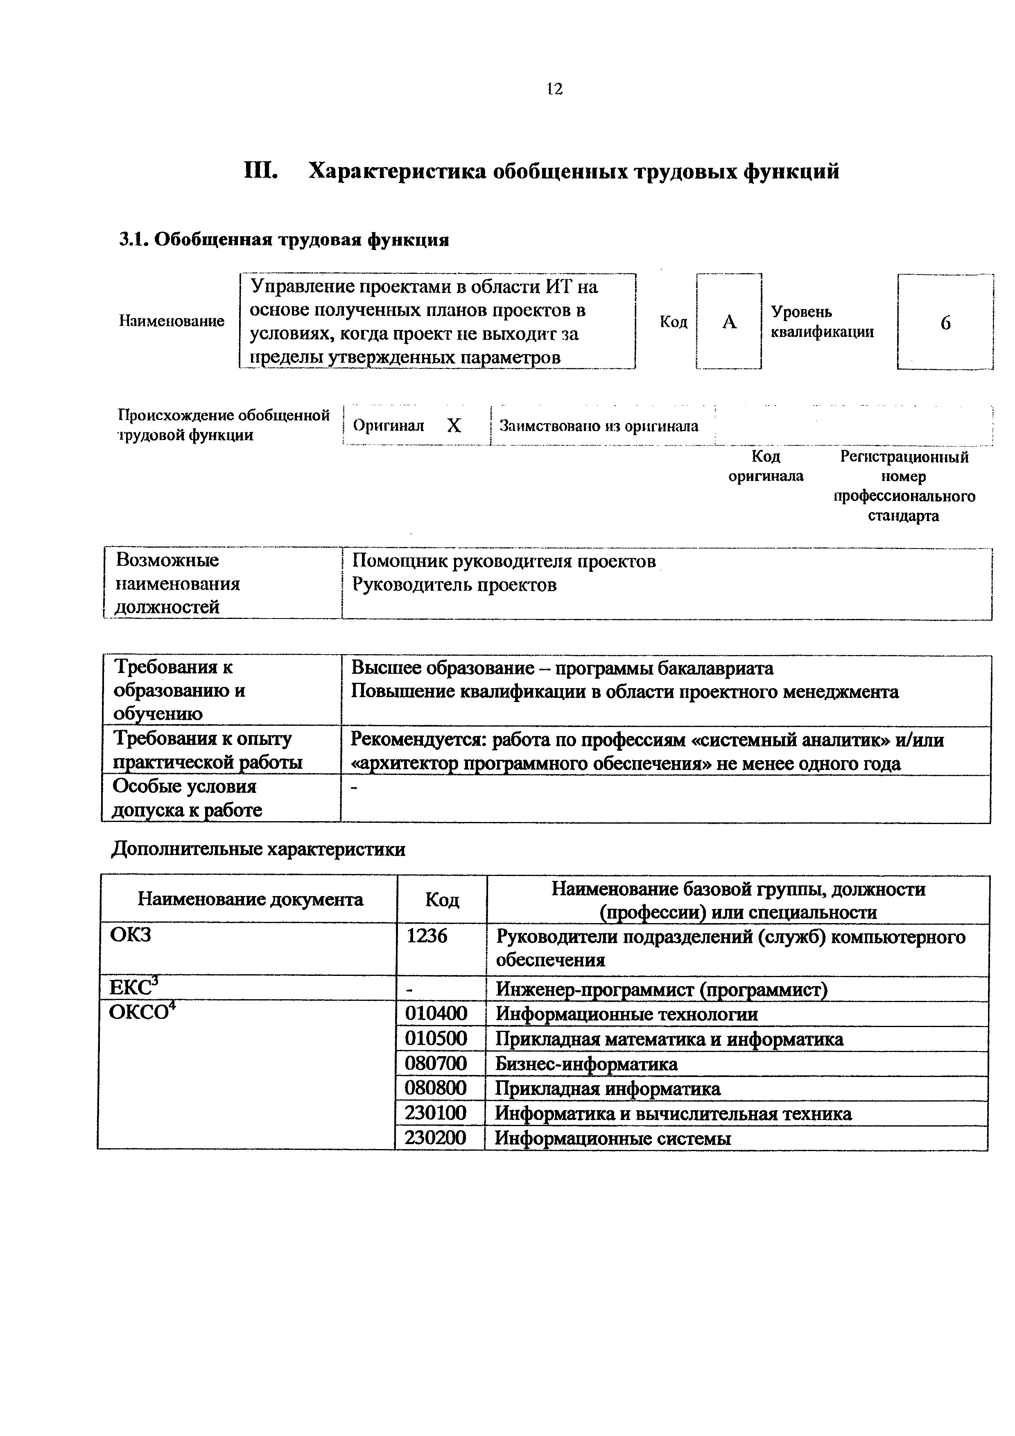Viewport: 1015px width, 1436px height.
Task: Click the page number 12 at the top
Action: click(x=554, y=89)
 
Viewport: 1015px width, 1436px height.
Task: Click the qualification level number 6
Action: click(x=945, y=323)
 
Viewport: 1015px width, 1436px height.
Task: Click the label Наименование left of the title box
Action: click(x=172, y=321)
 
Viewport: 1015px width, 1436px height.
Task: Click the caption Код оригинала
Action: click(x=766, y=467)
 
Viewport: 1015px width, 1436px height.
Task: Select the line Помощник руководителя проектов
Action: click(x=504, y=562)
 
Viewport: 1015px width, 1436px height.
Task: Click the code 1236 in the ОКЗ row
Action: click(x=427, y=936)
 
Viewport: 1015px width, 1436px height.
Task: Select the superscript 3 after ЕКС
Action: click(x=155, y=981)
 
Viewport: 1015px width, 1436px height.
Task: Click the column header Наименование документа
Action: click(x=250, y=899)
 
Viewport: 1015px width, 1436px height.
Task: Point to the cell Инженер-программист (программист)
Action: click(x=662, y=989)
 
